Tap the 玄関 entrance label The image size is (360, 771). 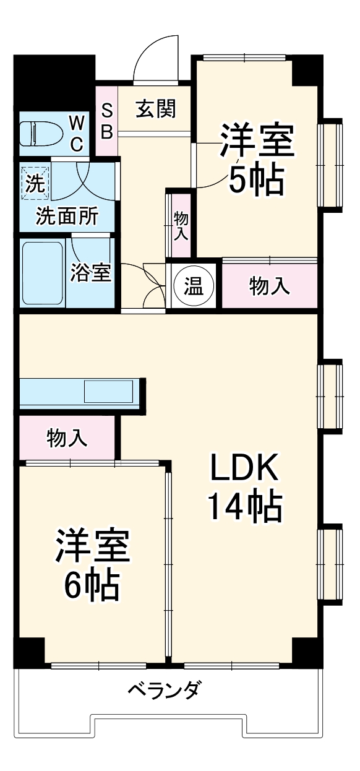[156, 109]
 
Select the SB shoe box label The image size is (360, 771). [106, 121]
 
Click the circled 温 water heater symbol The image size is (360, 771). [194, 286]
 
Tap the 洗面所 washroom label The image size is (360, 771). [66, 217]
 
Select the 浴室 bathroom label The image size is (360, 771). [90, 273]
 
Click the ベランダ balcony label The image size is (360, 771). [164, 689]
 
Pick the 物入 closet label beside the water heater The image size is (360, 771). [269, 286]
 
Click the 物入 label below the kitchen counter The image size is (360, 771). [67, 439]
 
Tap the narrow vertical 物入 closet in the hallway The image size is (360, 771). [181, 225]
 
